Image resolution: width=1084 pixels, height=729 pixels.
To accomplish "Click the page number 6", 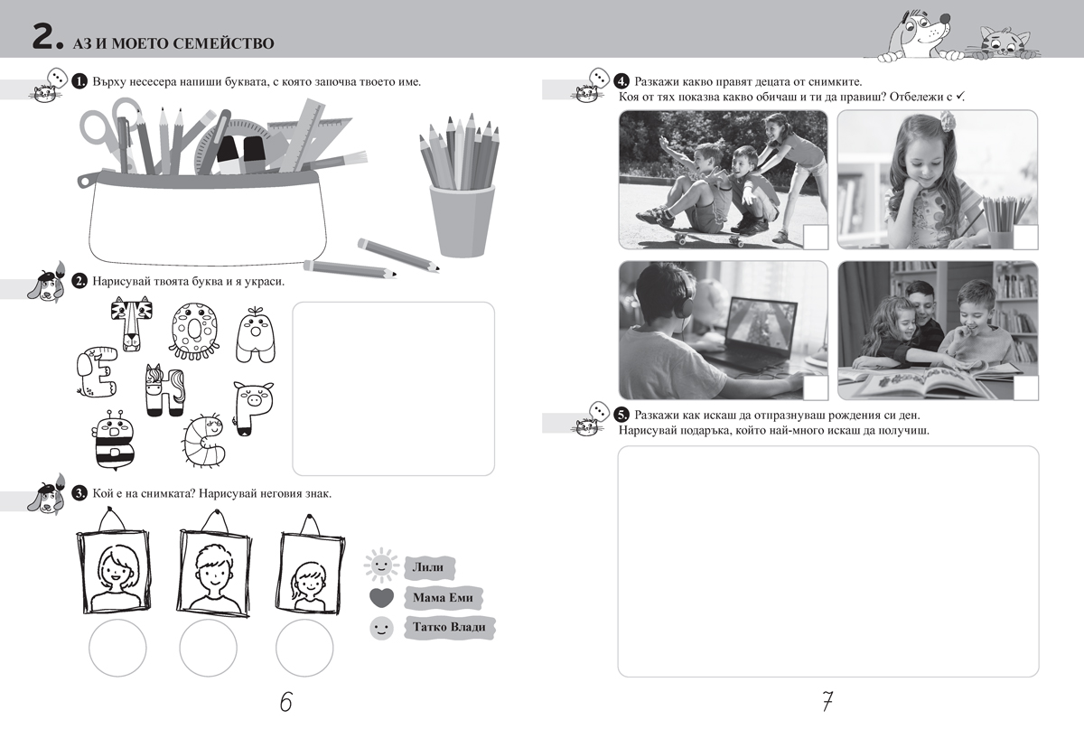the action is tap(286, 701).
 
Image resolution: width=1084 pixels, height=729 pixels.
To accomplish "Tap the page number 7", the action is tap(827, 701).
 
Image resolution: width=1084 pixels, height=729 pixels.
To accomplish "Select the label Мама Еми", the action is tap(443, 597).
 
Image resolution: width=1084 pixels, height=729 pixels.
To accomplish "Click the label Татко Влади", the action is tap(449, 627).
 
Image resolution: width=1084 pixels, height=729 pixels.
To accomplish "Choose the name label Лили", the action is tap(428, 567).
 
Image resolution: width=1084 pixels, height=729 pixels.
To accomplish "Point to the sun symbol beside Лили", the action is tap(381, 565).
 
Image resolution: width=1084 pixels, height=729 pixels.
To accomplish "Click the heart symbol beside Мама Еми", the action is tap(381, 597).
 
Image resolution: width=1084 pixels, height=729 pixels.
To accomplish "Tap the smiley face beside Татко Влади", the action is tap(381, 629).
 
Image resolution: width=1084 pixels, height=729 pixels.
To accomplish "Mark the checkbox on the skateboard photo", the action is tap(816, 238).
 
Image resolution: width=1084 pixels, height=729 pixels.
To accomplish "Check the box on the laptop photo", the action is tap(816, 388).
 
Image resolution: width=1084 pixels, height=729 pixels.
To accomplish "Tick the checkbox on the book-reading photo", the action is tap(1025, 388).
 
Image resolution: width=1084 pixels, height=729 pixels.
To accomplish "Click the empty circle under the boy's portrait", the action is tap(208, 648).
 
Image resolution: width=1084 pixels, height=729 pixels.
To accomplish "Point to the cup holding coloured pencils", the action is tap(463, 220).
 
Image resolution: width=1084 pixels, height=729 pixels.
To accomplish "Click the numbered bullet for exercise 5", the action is tap(621, 415).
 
